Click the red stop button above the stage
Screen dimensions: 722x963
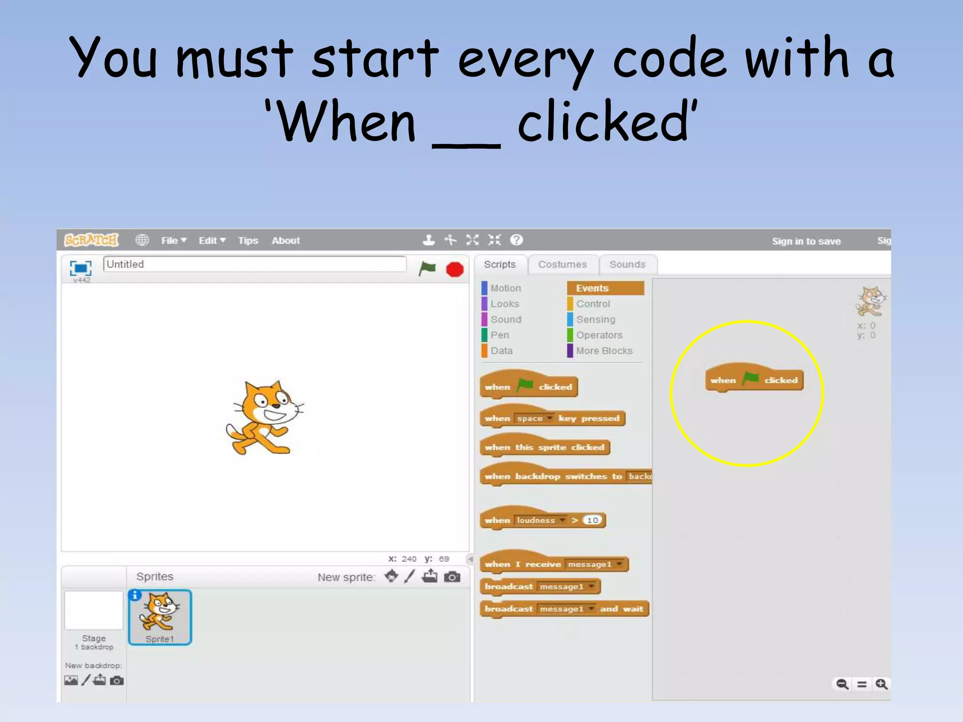454,269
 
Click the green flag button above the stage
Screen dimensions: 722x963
427,269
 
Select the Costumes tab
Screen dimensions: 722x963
562,264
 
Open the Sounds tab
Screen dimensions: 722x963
627,264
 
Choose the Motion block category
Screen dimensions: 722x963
505,288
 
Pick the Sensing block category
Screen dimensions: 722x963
595,320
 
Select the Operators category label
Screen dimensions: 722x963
599,335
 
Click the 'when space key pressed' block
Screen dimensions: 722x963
552,418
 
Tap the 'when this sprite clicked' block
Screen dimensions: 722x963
544,447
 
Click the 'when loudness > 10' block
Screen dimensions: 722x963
543,520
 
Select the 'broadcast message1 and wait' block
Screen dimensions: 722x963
563,609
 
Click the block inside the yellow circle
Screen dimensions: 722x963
754,380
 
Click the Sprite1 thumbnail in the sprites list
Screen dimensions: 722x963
160,617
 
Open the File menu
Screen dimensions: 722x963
173,241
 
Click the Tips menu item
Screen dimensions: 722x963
248,241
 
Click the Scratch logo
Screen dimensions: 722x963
91,240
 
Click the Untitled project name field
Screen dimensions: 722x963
254,264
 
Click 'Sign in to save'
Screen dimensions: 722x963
806,241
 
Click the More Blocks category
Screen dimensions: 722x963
604,351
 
